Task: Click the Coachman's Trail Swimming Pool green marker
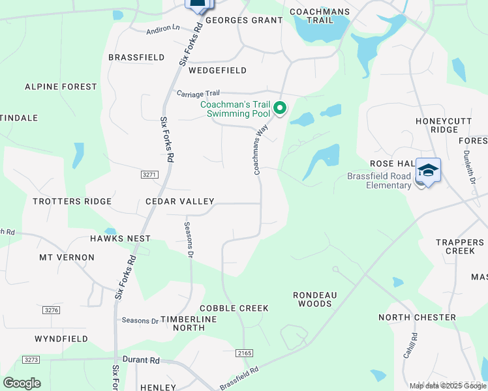pyautogui.click(x=280, y=108)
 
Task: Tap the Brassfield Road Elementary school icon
pyautogui.click(x=428, y=171)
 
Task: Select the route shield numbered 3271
pyautogui.click(x=149, y=175)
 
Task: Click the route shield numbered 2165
pyautogui.click(x=243, y=353)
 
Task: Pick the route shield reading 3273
pyautogui.click(x=31, y=360)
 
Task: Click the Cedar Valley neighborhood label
pyautogui.click(x=179, y=202)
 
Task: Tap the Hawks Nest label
pyautogui.click(x=120, y=239)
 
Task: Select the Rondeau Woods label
pyautogui.click(x=314, y=299)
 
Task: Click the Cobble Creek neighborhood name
pyautogui.click(x=234, y=308)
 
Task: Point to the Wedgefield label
pyautogui.click(x=219, y=70)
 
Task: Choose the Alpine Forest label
pyautogui.click(x=61, y=87)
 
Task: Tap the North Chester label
pyautogui.click(x=417, y=317)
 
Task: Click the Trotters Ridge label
pyautogui.click(x=72, y=201)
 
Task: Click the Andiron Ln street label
pyautogui.click(x=162, y=29)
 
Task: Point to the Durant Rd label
pyautogui.click(x=141, y=360)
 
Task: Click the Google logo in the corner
pyautogui.click(x=22, y=383)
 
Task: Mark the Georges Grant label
pyautogui.click(x=244, y=20)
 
